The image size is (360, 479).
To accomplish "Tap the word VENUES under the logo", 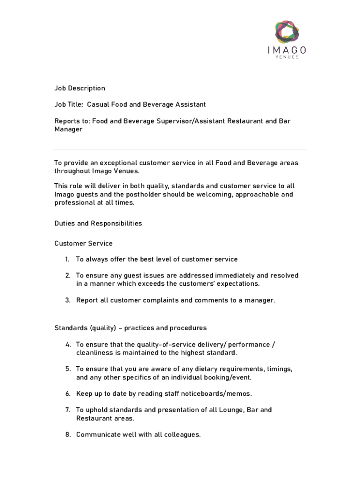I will [288, 57].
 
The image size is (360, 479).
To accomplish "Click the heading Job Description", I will [79, 88].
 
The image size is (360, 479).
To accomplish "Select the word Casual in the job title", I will [98, 104].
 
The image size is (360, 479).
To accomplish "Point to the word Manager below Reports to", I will [68, 129].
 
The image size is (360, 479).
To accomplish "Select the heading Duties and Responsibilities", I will [98, 224].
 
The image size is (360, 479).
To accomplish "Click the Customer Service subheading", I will [83, 243].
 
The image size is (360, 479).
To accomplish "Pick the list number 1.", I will [67, 259].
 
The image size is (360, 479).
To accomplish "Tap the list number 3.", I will [68, 300].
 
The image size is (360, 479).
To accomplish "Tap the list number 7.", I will [68, 410].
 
